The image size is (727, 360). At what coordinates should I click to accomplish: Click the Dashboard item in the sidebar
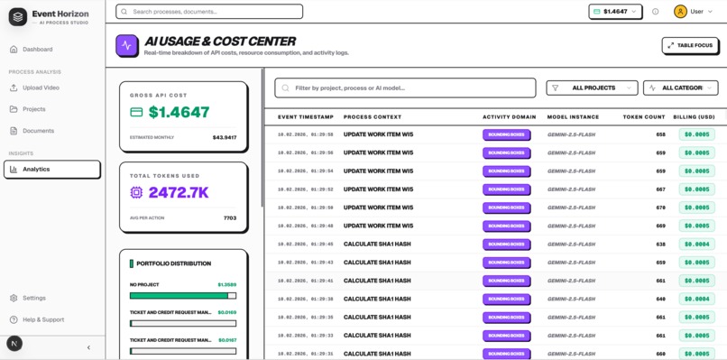click(x=37, y=50)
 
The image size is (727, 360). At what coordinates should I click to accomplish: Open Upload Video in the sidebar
click(x=41, y=88)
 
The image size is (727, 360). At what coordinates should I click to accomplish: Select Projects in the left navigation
click(x=34, y=109)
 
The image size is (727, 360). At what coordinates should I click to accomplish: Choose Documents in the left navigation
click(x=38, y=131)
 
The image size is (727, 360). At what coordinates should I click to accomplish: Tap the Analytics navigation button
click(x=51, y=169)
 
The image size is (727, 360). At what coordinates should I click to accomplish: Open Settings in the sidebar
click(x=33, y=298)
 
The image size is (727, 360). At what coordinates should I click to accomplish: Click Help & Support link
click(x=42, y=319)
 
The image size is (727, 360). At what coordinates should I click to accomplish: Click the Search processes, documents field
click(x=209, y=12)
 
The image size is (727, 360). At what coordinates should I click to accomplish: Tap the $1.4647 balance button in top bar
click(x=615, y=12)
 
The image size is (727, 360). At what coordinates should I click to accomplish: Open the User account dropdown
click(x=694, y=12)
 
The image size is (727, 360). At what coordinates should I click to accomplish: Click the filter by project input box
click(x=405, y=88)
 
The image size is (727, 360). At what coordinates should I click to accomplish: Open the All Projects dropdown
click(x=592, y=88)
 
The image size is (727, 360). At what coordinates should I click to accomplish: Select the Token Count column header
click(x=643, y=117)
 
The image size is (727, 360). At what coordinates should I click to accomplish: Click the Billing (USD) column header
click(x=693, y=117)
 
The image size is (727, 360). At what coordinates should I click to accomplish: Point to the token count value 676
click(x=660, y=208)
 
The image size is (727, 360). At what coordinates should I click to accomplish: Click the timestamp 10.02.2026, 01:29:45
click(x=306, y=245)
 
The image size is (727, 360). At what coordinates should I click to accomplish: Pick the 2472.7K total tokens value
click(x=179, y=192)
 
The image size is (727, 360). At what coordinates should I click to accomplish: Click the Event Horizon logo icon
click(x=17, y=17)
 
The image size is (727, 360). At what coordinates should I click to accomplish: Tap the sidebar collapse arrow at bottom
click(x=88, y=347)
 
